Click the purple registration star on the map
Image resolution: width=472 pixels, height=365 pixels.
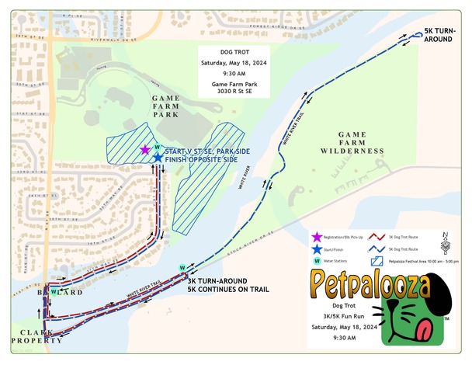pyautogui.click(x=144, y=149)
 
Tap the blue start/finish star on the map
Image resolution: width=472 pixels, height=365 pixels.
pyautogui.click(x=158, y=158)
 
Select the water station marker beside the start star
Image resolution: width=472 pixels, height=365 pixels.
pyautogui.click(x=157, y=147)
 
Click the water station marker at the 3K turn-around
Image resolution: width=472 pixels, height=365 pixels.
pyautogui.click(x=182, y=269)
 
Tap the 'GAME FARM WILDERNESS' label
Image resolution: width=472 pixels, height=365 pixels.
pyautogui.click(x=350, y=141)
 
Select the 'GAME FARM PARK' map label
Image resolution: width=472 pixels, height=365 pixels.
pyautogui.click(x=165, y=107)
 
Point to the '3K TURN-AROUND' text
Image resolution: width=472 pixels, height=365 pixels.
pyautogui.click(x=217, y=280)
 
